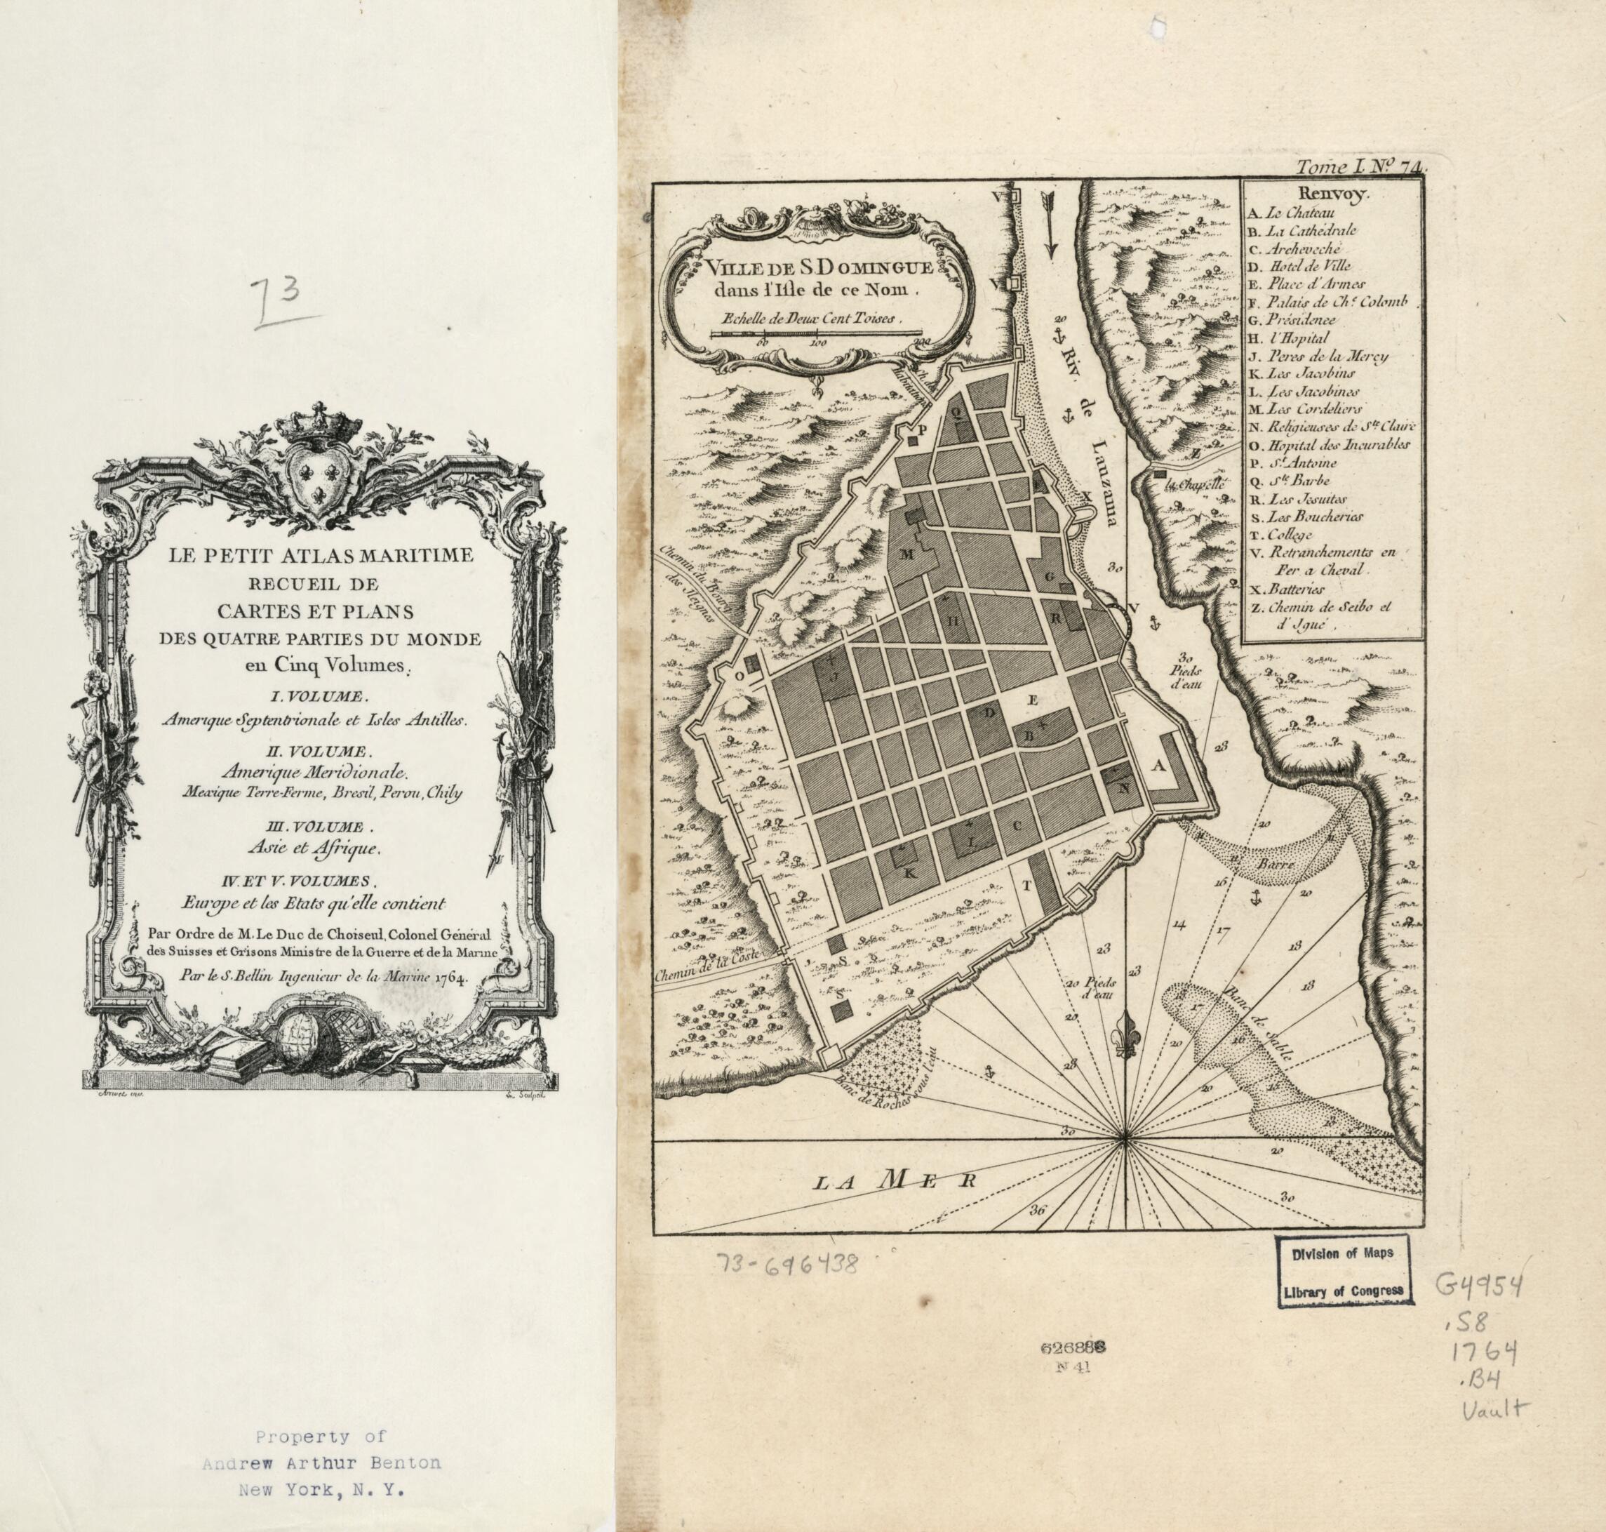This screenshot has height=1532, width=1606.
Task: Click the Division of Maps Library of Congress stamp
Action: pyautogui.click(x=1342, y=1272)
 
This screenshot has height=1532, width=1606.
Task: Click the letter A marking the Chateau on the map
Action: pyautogui.click(x=1156, y=766)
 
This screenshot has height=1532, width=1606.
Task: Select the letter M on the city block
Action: pyautogui.click(x=906, y=555)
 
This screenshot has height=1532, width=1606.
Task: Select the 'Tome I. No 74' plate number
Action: pyautogui.click(x=1360, y=168)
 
